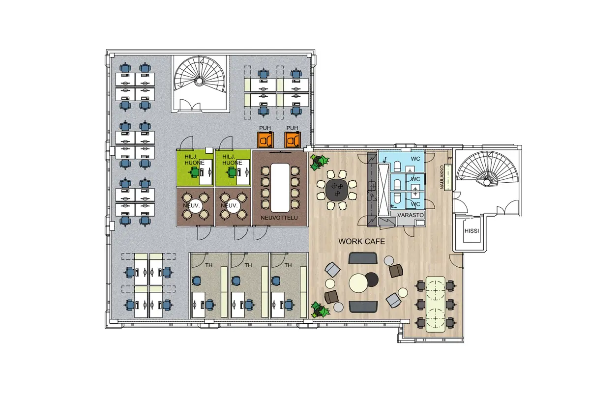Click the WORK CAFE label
[x=361, y=241]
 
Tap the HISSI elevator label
[x=472, y=231]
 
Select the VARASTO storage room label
[x=411, y=215]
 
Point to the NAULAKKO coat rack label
[x=442, y=177]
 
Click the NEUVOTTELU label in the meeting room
[x=279, y=218]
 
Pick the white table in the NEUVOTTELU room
[x=280, y=188]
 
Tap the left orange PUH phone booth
[x=265, y=140]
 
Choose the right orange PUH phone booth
[x=293, y=140]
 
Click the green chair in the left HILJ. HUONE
[x=194, y=172]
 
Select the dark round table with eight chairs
[x=337, y=190]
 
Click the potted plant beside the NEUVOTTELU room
[x=319, y=161]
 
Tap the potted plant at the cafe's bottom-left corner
[x=320, y=310]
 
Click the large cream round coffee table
[x=358, y=283]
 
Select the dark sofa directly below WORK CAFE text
[x=363, y=258]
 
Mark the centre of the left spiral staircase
[x=199, y=81]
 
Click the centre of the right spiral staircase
[x=487, y=182]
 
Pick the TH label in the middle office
[x=248, y=265]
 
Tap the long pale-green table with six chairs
[x=436, y=304]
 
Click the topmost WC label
[x=415, y=159]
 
